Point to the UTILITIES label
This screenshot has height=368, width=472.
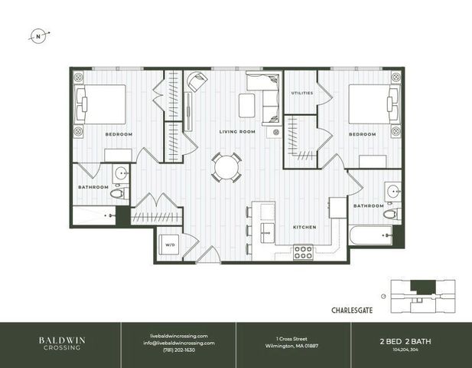(x=301, y=93)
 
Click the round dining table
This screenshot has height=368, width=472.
(x=226, y=166)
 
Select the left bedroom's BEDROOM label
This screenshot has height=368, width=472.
(x=119, y=134)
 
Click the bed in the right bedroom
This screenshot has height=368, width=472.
(x=374, y=103)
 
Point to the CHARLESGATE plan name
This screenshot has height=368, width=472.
(x=352, y=310)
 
